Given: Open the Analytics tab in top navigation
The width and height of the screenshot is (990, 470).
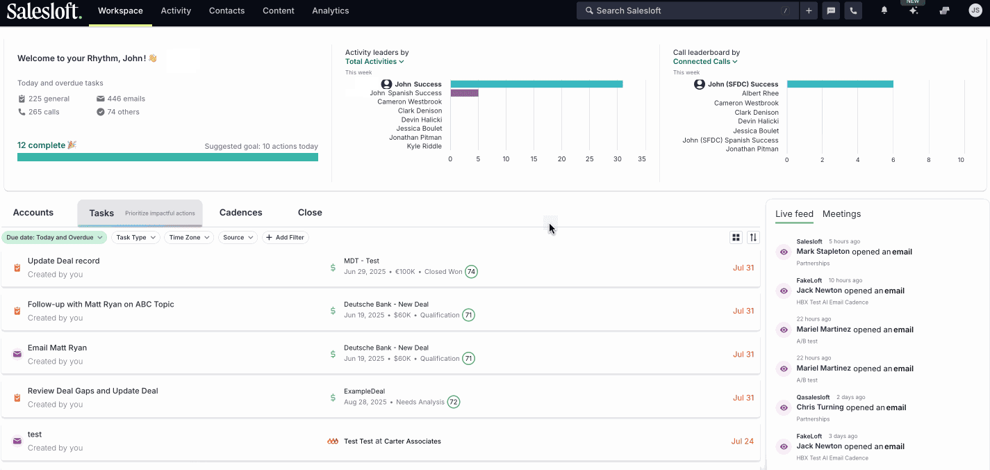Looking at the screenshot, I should pyautogui.click(x=330, y=10).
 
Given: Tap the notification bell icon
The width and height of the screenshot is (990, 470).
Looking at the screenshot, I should pyautogui.click(x=884, y=10).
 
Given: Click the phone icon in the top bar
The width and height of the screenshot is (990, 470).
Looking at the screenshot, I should pyautogui.click(x=852, y=10).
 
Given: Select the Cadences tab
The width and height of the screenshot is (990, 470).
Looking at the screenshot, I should pyautogui.click(x=240, y=213).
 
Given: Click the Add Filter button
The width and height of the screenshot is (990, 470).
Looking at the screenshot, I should pyautogui.click(x=285, y=237).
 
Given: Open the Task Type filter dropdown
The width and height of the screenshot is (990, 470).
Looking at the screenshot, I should pyautogui.click(x=135, y=237).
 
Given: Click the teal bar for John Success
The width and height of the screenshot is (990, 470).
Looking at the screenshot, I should pyautogui.click(x=536, y=84).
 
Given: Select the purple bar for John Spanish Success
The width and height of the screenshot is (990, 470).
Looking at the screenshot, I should pyautogui.click(x=464, y=92).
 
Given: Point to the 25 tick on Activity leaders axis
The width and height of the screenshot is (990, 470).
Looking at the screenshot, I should pyautogui.click(x=590, y=159).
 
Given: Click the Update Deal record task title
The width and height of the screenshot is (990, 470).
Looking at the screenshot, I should pyautogui.click(x=63, y=261).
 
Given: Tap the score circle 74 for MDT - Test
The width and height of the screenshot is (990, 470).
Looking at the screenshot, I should pyautogui.click(x=471, y=272).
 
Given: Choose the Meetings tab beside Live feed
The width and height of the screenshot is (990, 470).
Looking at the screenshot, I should pyautogui.click(x=841, y=214).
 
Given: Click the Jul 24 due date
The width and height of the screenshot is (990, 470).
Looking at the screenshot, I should pyautogui.click(x=742, y=441).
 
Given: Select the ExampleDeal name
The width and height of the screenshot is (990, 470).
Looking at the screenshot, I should pyautogui.click(x=364, y=391).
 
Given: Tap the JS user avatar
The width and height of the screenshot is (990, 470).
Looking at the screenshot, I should pyautogui.click(x=975, y=10).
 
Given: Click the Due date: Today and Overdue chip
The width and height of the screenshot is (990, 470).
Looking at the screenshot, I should pyautogui.click(x=54, y=237).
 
